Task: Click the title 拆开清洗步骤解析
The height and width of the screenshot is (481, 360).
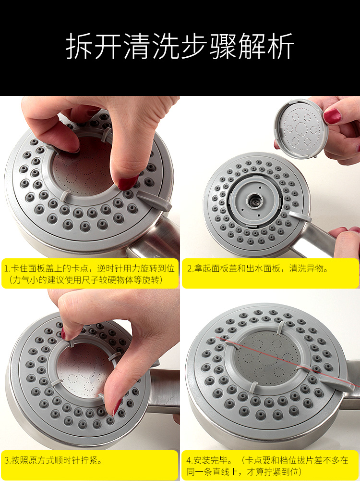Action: tap(180, 46)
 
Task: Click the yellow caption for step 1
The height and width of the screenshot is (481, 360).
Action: tap(90, 273)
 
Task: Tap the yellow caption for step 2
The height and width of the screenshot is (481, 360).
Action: tap(270, 273)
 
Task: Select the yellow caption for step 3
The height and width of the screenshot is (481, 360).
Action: tap(90, 465)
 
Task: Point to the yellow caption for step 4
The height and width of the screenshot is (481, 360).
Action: tap(270, 465)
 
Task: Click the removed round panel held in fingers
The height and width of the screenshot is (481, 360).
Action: tap(300, 129)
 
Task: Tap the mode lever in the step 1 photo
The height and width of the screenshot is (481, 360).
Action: tap(154, 200)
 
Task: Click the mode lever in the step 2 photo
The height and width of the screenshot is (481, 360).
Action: tap(300, 216)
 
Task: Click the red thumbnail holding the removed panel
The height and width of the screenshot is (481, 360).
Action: tap(332, 116)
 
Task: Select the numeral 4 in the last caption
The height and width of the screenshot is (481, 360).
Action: tap(189, 460)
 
